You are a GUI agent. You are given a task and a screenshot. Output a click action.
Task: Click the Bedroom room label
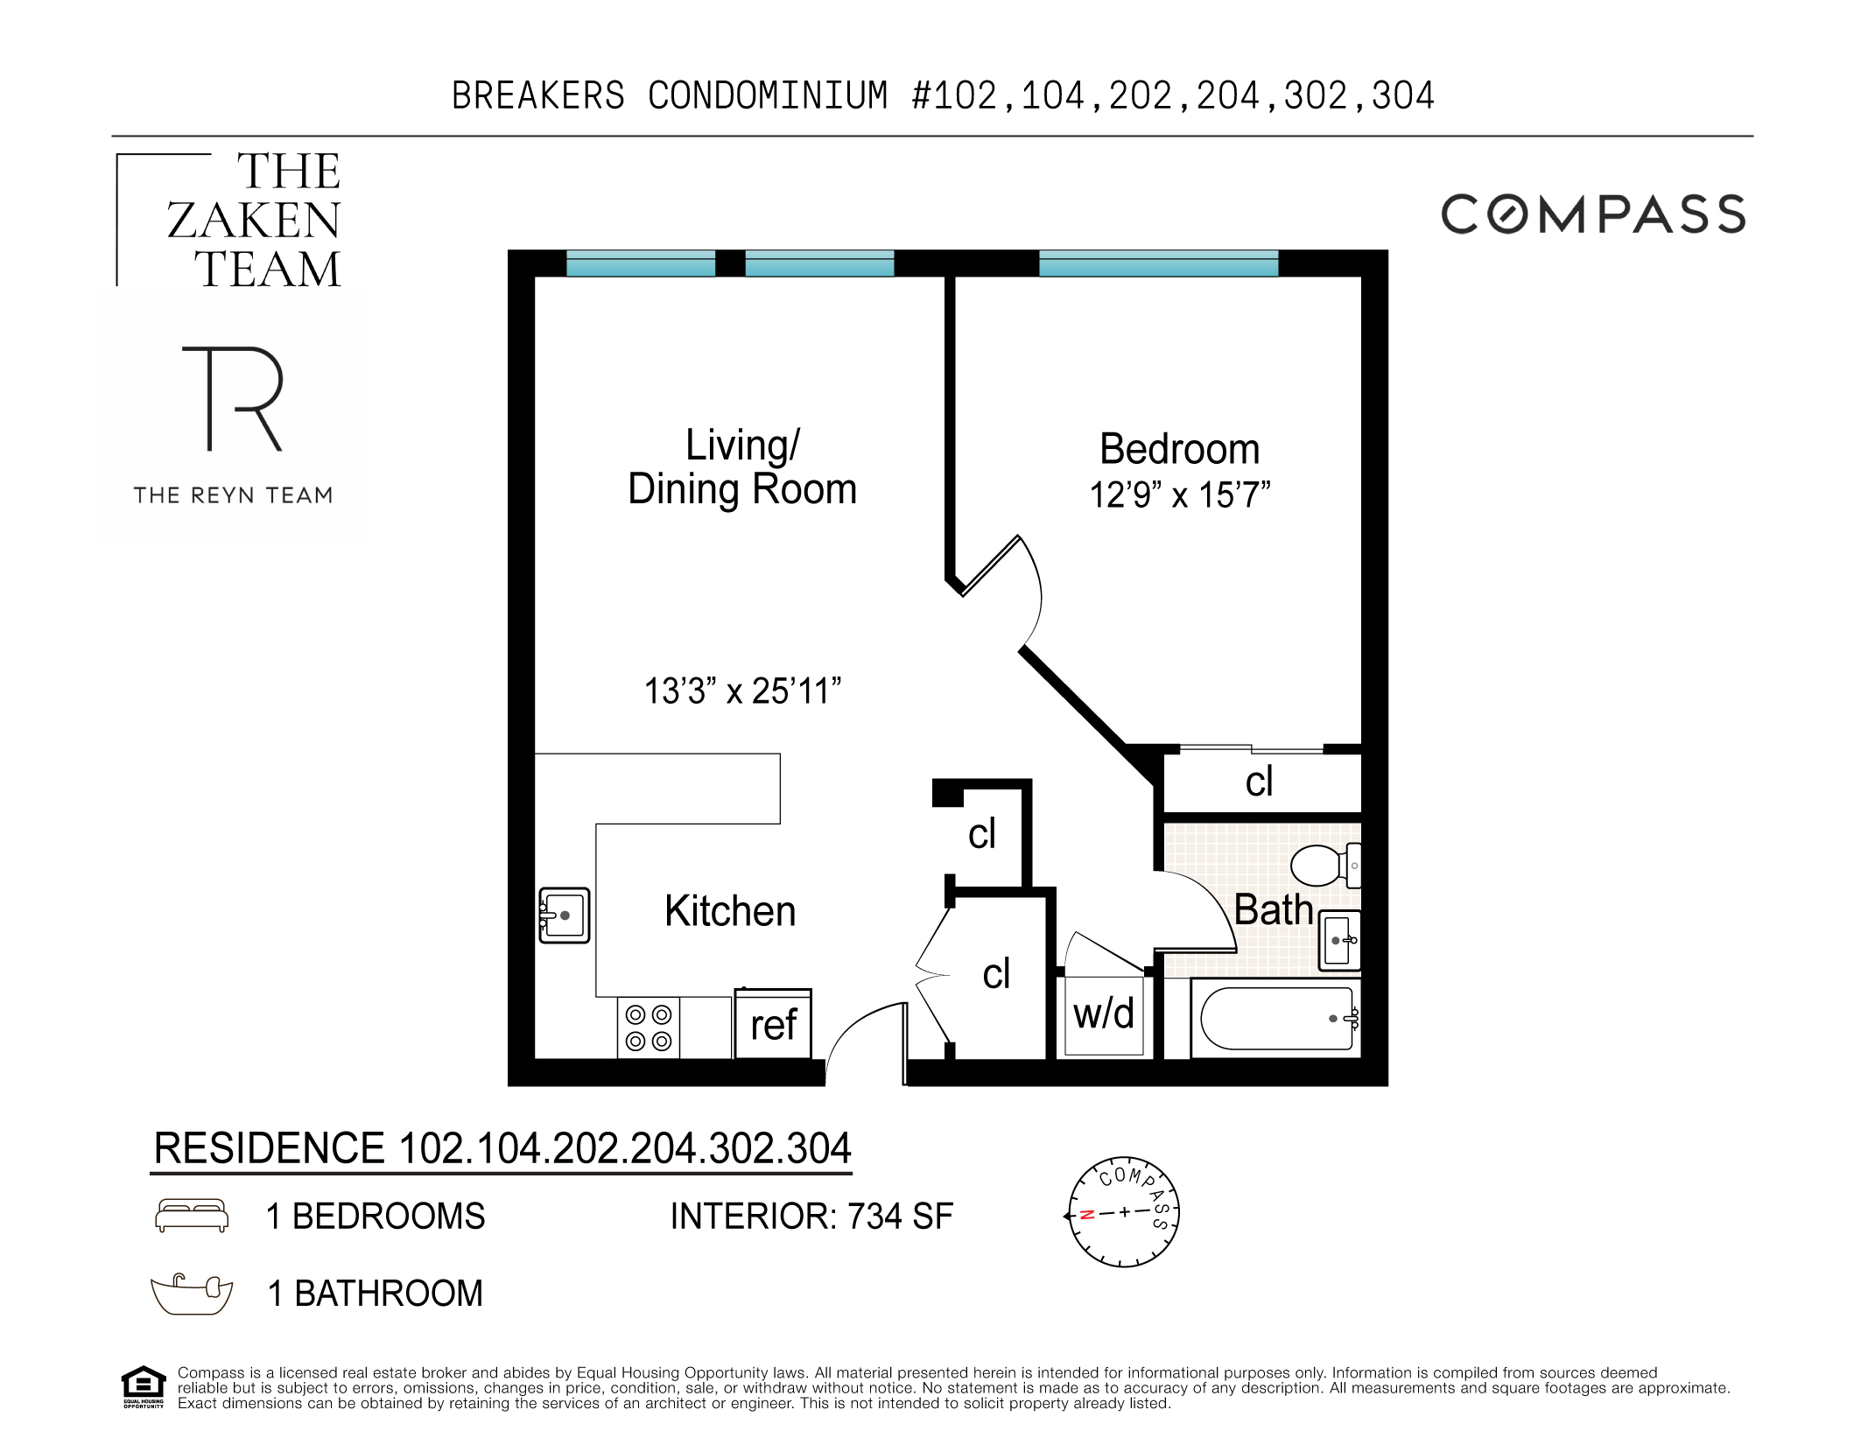tap(1178, 449)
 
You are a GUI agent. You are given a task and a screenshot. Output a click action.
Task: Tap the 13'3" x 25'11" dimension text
tap(742, 691)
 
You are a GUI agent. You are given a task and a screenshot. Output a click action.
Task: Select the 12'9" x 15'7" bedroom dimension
tap(1178, 495)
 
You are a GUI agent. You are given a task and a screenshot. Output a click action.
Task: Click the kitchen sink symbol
tap(564, 915)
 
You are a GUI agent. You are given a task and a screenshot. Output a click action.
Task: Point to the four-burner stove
tap(649, 1028)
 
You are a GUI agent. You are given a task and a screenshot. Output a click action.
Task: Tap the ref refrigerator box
tap(773, 1024)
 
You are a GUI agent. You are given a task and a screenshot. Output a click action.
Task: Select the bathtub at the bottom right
tap(1276, 1019)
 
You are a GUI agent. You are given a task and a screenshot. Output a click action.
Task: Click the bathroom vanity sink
tap(1339, 941)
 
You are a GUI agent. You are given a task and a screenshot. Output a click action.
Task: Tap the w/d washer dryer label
tap(1103, 1014)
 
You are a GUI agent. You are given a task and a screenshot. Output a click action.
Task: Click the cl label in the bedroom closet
tap(1259, 782)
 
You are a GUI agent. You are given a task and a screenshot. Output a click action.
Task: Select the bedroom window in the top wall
tap(1157, 263)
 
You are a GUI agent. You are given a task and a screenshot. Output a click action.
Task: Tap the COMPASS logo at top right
tap(1592, 214)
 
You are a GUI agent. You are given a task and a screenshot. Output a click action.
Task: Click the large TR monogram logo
tap(233, 398)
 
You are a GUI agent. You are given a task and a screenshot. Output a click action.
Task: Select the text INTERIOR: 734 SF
tap(811, 1217)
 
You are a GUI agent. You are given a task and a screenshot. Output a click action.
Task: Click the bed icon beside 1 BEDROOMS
tap(192, 1215)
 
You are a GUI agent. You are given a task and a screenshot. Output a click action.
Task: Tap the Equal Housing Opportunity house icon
tap(143, 1385)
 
